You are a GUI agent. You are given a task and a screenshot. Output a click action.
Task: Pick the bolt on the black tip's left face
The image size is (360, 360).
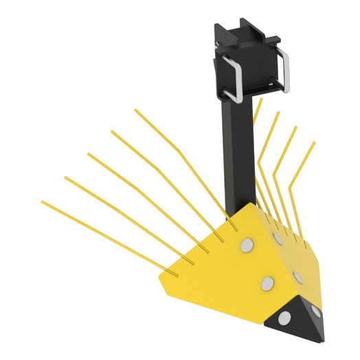pos(284,317)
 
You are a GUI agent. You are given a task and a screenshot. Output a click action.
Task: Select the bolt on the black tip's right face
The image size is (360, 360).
pos(315,310)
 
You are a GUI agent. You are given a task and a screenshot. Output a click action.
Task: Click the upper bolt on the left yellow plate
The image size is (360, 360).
pos(246,245)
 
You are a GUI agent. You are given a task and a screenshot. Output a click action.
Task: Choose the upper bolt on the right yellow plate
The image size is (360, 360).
pos(278,238)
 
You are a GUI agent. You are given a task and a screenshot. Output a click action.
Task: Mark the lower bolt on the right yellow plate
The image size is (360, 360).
pos(299,276)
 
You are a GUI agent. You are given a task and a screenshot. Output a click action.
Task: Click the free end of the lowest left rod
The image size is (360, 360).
pos(43,201)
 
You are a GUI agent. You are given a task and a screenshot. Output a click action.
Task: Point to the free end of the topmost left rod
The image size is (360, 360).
pos(135,109)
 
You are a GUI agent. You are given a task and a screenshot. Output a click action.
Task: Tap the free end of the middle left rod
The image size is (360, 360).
pos(88,154)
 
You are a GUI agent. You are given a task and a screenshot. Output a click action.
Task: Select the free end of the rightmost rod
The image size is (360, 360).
pos(314,143)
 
